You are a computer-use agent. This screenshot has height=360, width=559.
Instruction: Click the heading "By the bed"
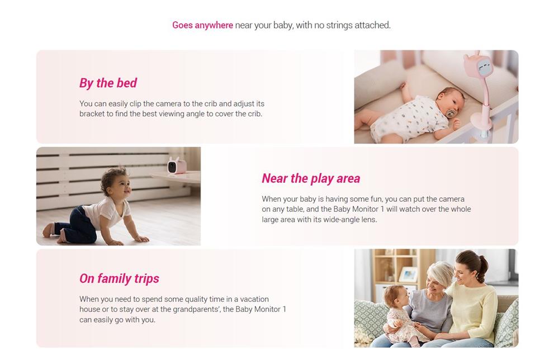point(108,83)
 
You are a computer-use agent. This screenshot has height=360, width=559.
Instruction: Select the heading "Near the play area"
point(311,178)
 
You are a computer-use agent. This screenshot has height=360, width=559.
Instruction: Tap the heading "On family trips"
point(119,278)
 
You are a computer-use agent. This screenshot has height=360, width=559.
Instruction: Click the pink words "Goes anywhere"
point(202,25)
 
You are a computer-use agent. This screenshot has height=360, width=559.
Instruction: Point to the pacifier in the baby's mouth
point(451,113)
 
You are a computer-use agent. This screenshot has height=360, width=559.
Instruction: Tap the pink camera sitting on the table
point(177,165)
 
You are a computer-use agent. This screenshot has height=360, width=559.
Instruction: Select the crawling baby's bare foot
point(48,230)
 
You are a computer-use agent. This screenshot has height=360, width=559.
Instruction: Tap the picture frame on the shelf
point(408,274)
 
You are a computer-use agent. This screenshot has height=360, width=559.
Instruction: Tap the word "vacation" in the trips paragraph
point(254,299)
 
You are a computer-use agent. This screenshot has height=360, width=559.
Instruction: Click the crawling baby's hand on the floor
point(141,239)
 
